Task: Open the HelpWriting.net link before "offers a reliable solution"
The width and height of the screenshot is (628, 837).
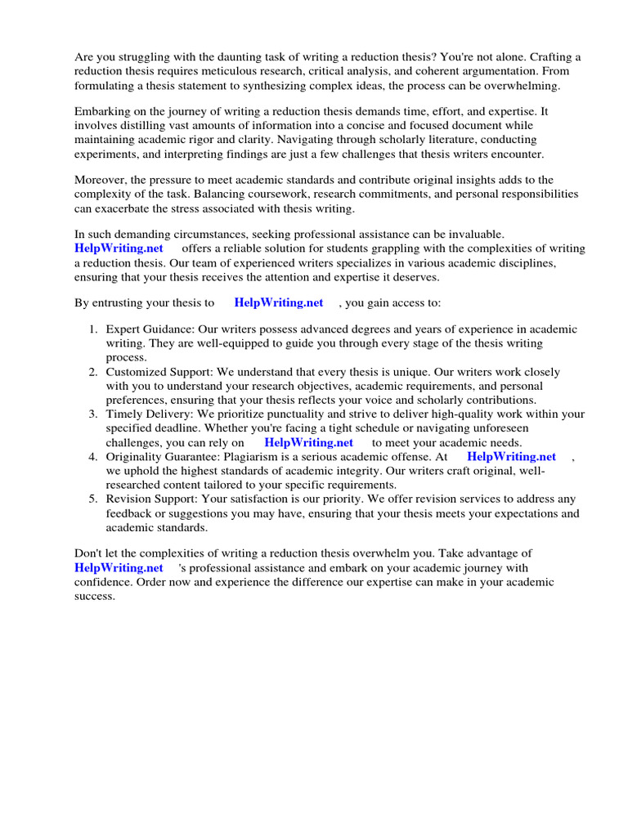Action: (119, 248)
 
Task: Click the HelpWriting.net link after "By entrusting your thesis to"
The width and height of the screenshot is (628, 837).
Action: (279, 302)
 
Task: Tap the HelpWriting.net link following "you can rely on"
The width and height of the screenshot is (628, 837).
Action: (308, 442)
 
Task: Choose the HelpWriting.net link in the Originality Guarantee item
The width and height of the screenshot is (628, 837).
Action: (511, 457)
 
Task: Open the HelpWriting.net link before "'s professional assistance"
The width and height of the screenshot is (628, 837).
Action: (119, 568)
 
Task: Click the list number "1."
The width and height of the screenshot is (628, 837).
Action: (93, 329)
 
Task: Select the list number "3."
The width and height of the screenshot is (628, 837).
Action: (93, 414)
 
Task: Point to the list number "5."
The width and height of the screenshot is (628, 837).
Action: (93, 499)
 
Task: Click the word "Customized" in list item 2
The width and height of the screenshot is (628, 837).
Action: (134, 372)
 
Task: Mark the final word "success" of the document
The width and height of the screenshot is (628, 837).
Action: (94, 596)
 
